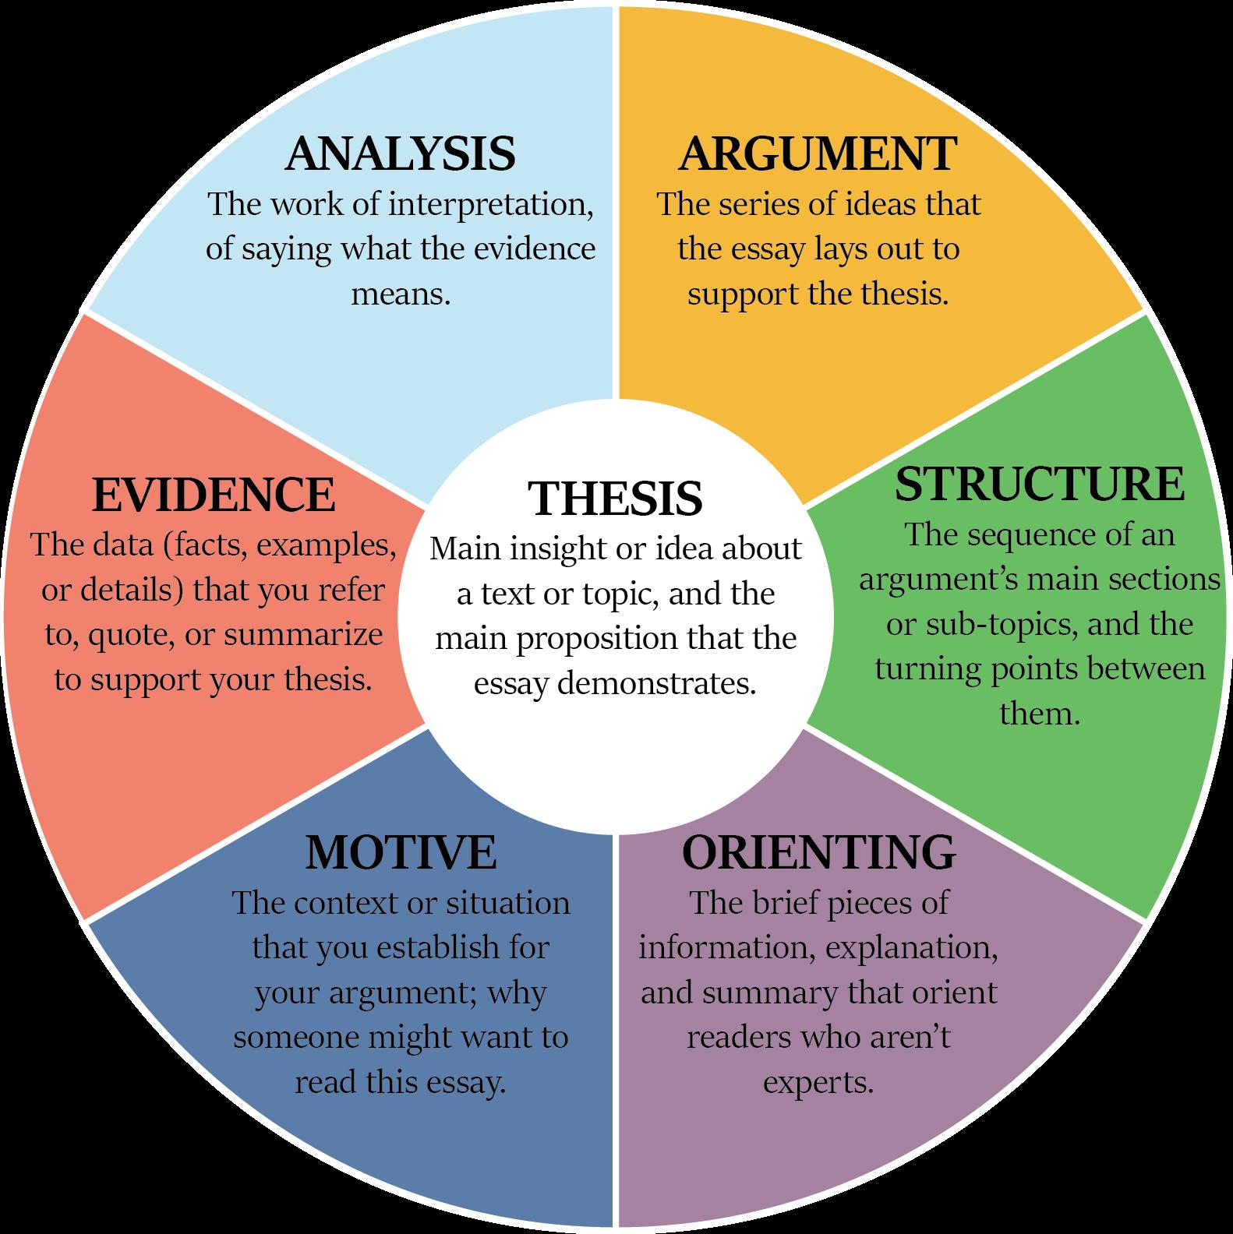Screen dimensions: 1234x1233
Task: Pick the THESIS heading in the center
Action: [x=615, y=499]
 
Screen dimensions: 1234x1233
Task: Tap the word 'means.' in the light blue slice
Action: [x=401, y=294]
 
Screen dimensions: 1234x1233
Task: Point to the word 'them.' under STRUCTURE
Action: [x=1039, y=714]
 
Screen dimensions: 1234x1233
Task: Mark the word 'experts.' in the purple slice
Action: [x=818, y=1082]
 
